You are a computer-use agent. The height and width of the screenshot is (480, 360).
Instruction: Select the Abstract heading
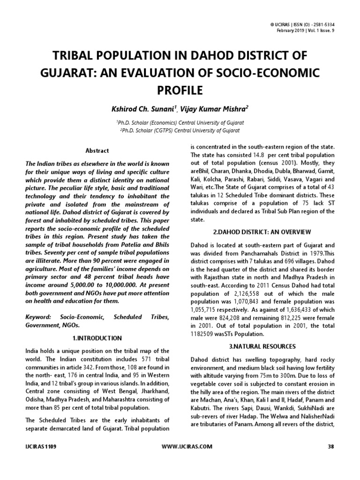(x=97, y=150)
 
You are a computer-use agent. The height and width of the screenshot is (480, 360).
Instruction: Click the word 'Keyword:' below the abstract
(x=39, y=317)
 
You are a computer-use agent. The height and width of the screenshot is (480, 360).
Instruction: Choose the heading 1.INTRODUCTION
(x=97, y=338)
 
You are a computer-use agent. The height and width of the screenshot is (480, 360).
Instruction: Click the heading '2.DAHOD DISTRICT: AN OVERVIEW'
(x=262, y=232)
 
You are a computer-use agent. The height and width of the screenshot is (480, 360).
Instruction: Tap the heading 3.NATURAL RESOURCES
(x=262, y=346)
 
